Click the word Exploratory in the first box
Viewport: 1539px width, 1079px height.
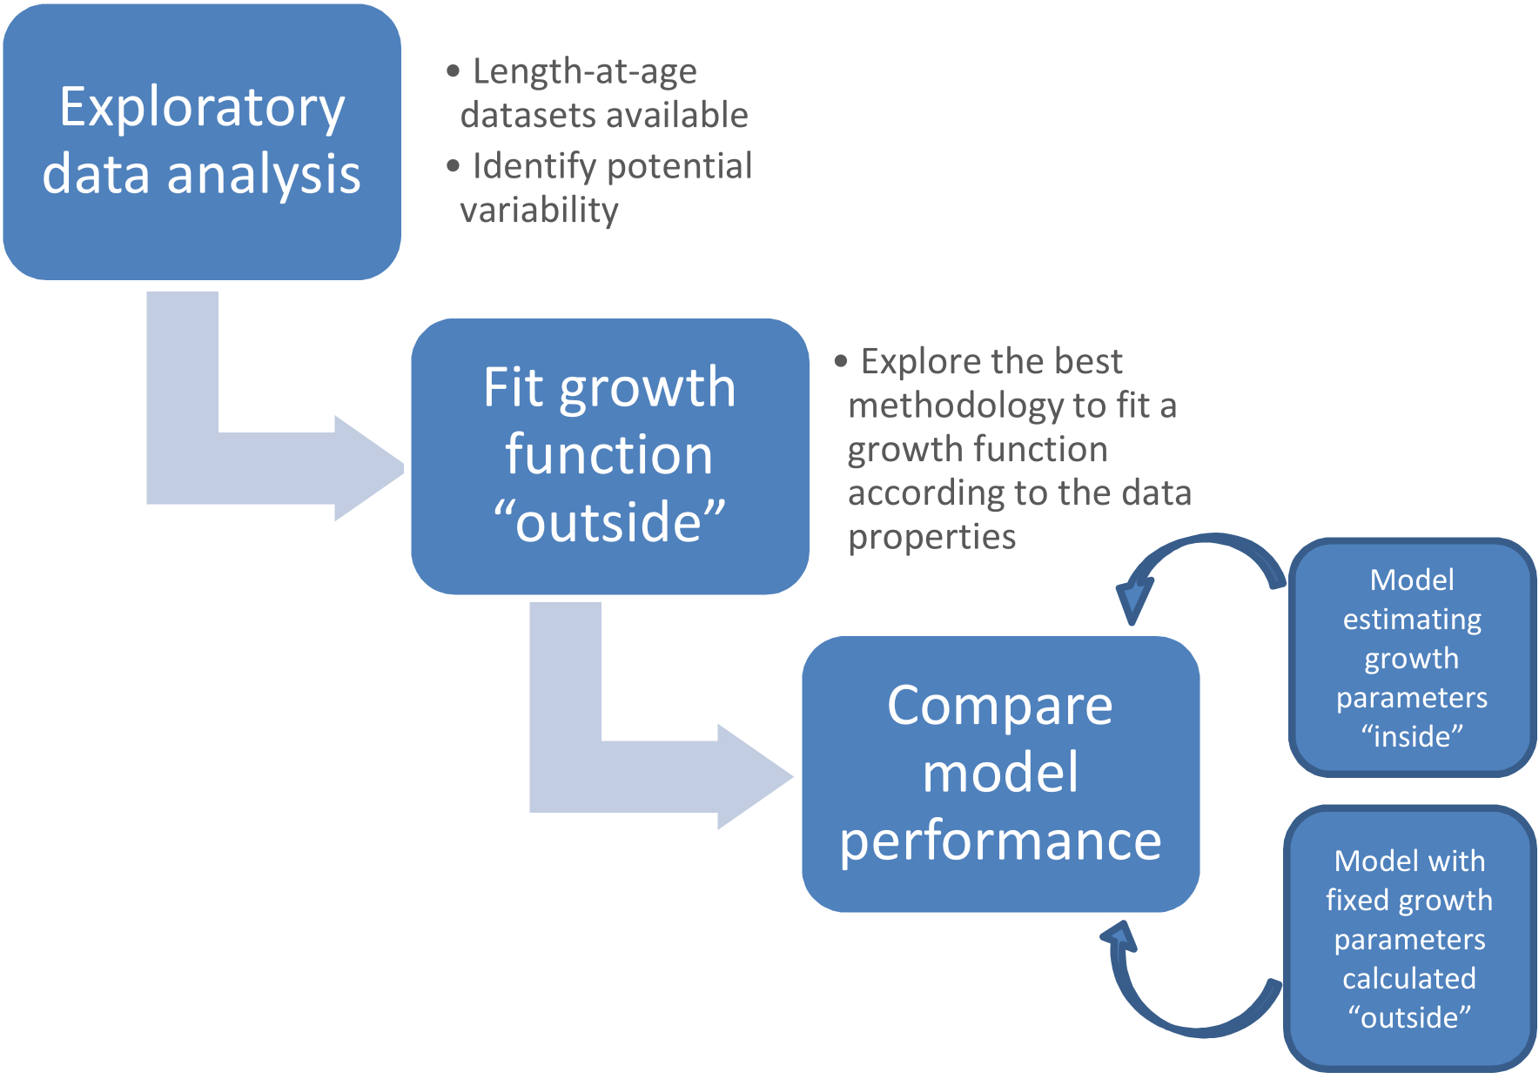202,108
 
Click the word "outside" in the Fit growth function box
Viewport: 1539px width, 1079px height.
609,522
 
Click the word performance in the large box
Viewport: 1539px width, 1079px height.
1000,841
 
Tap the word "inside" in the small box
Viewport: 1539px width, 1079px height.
1412,736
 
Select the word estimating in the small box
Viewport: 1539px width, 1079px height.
1412,620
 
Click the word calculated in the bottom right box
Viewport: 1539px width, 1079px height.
1408,978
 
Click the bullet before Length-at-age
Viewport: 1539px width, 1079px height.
453,71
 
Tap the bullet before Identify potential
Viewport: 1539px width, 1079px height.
453,165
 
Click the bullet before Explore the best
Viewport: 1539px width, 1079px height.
841,361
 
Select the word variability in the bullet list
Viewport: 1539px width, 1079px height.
539,210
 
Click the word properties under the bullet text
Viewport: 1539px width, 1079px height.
931,537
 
